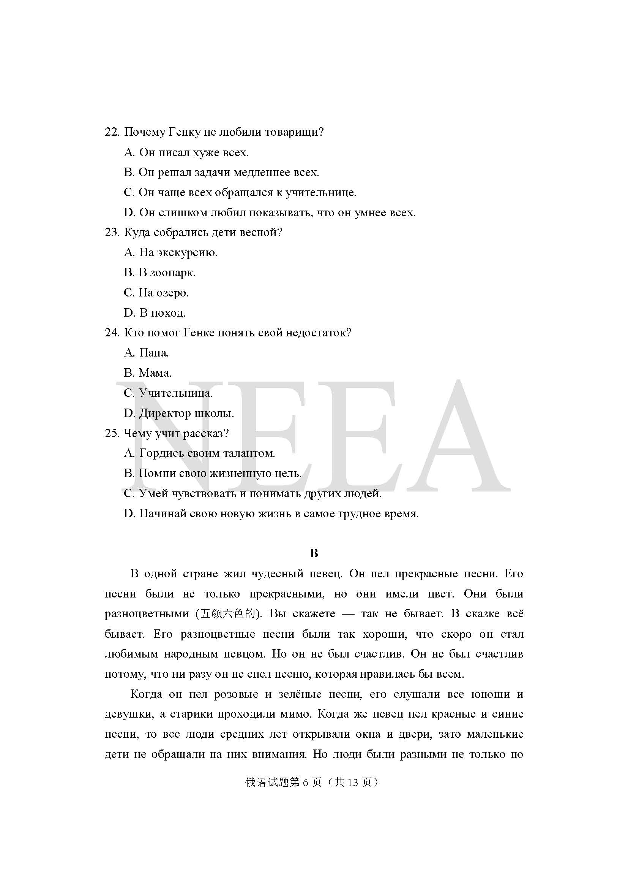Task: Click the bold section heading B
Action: (x=314, y=554)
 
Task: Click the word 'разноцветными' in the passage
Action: (x=146, y=614)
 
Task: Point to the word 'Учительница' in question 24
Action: (x=175, y=393)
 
